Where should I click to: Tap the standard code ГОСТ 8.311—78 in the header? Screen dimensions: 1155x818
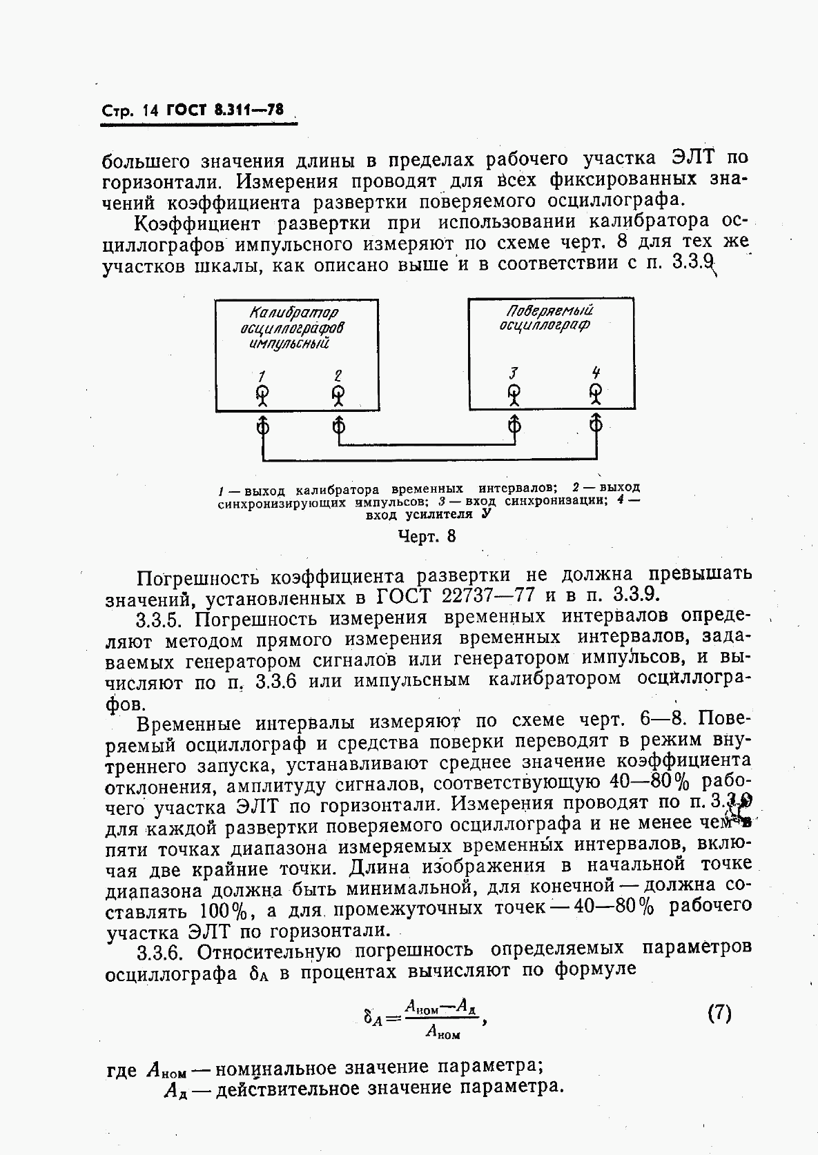pos(226,110)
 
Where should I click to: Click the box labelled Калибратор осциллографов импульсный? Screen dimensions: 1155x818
pos(297,355)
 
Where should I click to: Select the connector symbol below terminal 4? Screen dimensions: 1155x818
pos(596,424)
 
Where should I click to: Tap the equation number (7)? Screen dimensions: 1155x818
pos(719,1014)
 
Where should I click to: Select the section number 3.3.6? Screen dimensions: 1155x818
pos(160,952)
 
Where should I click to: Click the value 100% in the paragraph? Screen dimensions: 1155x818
pos(224,911)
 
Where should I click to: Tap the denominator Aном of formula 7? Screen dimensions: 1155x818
pos(442,1032)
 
